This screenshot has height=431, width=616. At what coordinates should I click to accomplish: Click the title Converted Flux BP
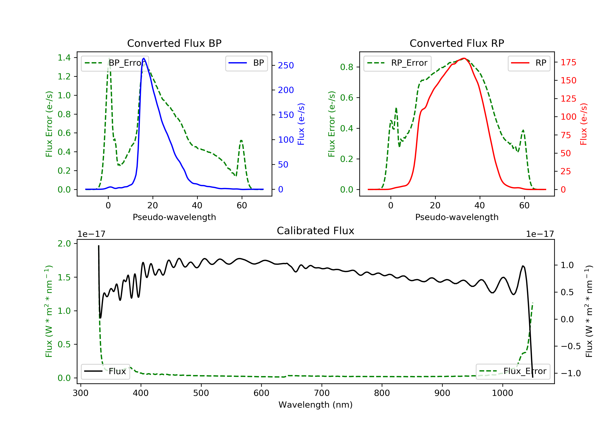tap(174, 43)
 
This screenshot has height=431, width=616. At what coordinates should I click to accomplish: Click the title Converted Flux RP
tap(457, 43)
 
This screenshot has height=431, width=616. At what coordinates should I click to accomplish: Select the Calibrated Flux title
tap(316, 231)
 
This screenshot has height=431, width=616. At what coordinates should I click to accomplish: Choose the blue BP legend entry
tap(246, 63)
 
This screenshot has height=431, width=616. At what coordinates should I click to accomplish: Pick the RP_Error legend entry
tap(397, 63)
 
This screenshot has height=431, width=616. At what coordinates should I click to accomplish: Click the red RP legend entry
tap(529, 63)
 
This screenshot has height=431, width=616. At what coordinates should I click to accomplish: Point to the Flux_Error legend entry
tap(513, 371)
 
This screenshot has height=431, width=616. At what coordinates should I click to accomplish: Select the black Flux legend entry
tap(105, 371)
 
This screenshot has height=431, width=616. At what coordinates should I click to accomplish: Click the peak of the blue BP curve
tap(144, 58)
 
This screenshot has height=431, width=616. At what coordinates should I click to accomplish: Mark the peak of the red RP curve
tap(464, 58)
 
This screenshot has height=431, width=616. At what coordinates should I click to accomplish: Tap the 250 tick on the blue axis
tap(286, 65)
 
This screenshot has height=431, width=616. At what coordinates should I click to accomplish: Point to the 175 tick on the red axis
tap(568, 62)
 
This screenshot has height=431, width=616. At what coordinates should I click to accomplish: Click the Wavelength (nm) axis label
tap(316, 405)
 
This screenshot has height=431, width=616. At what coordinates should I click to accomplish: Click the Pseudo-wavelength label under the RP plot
tap(457, 217)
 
